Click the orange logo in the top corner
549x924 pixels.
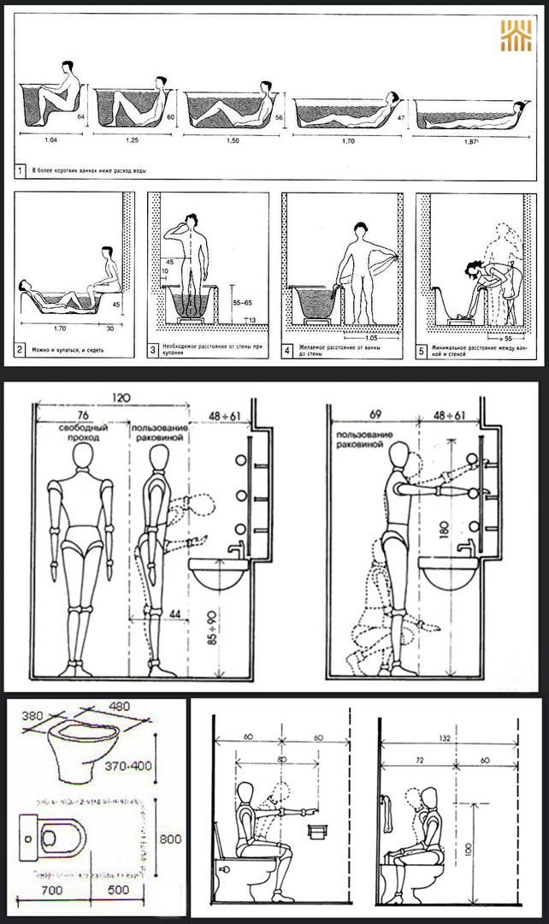point(516,36)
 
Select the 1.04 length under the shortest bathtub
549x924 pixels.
point(50,139)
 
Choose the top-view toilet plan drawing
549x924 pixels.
point(53,833)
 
